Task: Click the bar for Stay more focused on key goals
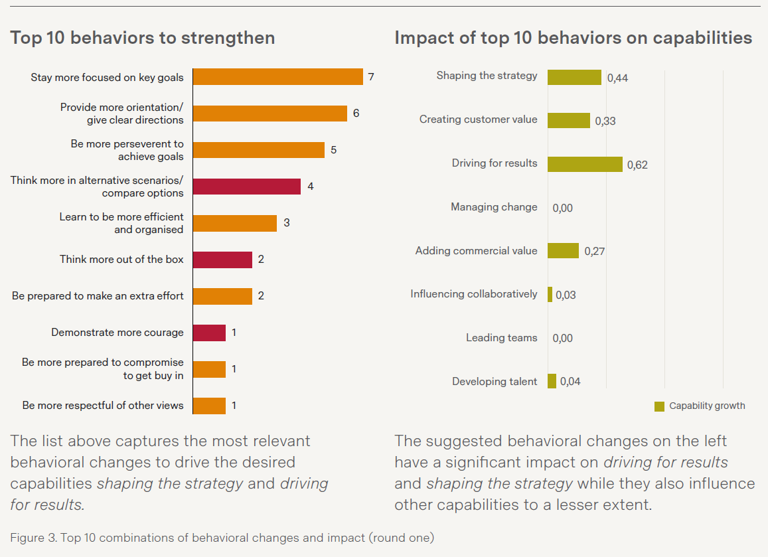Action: pyautogui.click(x=277, y=77)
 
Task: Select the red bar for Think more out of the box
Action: pyautogui.click(x=222, y=260)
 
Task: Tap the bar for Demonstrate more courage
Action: pyautogui.click(x=209, y=333)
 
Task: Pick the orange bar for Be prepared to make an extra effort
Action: pyautogui.click(x=222, y=296)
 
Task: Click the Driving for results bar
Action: pyautogui.click(x=585, y=164)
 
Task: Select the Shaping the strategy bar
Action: pyautogui.click(x=574, y=77)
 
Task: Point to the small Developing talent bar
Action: pyautogui.click(x=552, y=381)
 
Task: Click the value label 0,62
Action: pyautogui.click(x=637, y=165)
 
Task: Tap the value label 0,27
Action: pyautogui.click(x=594, y=252)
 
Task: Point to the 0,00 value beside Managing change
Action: pyautogui.click(x=562, y=208)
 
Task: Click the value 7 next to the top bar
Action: pyautogui.click(x=371, y=77)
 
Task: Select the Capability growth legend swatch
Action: pyautogui.click(x=659, y=406)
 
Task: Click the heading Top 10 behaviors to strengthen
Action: pyautogui.click(x=143, y=38)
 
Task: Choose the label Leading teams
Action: pyautogui.click(x=501, y=338)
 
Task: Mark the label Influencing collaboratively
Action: pyautogui.click(x=473, y=294)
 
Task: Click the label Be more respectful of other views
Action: pyautogui.click(x=103, y=405)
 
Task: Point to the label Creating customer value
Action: pyautogui.click(x=478, y=120)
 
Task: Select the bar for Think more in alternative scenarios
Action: pyautogui.click(x=246, y=187)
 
